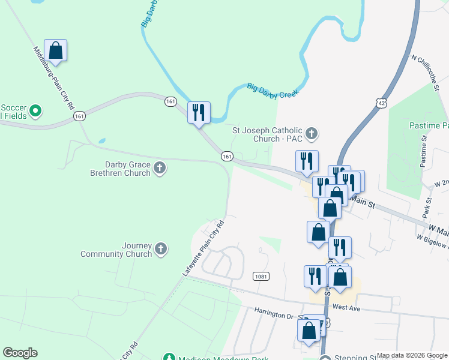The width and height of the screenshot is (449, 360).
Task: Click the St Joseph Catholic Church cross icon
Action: click(x=311, y=132)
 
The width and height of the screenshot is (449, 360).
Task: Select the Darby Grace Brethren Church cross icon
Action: click(x=160, y=167)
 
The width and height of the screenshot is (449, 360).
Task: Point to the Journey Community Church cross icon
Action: click(x=160, y=248)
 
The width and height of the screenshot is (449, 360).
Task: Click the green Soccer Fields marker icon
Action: click(x=35, y=110)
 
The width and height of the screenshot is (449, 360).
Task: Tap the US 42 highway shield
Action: click(x=382, y=103)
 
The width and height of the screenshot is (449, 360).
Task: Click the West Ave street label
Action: click(x=346, y=307)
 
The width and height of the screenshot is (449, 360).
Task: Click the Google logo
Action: click(x=20, y=353)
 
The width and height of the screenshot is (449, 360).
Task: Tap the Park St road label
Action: click(x=427, y=207)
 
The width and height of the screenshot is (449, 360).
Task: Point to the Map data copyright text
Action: click(x=411, y=355)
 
